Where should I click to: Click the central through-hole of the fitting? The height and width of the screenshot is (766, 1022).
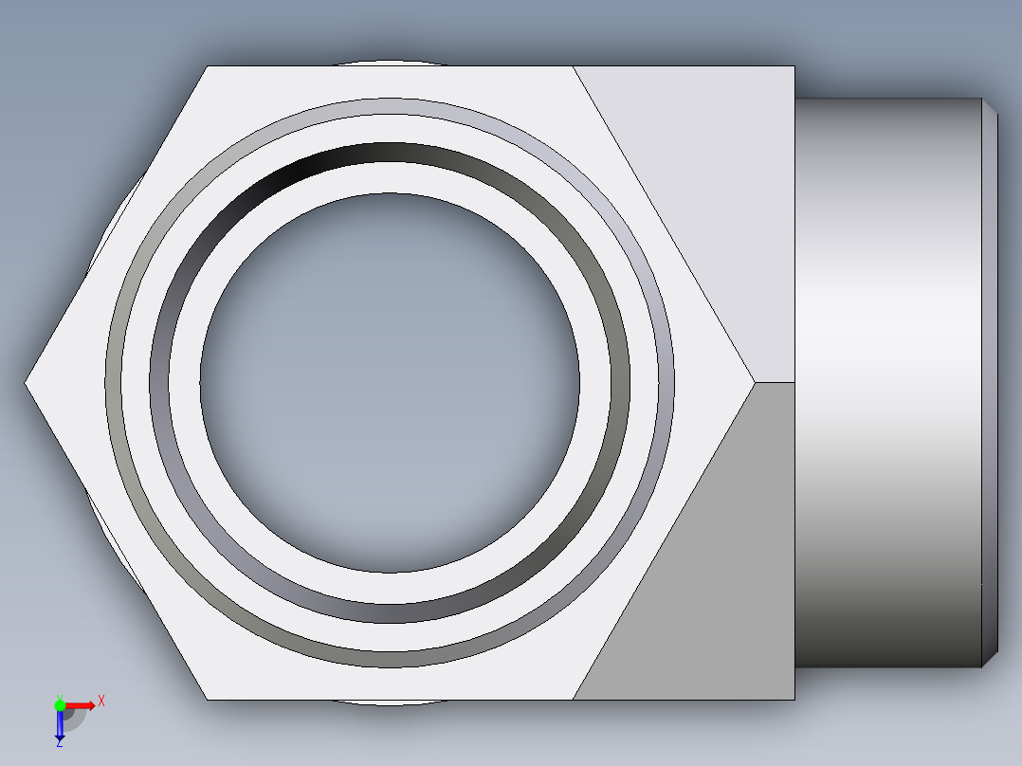point(390,382)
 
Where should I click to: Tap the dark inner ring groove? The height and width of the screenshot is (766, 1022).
point(390,611)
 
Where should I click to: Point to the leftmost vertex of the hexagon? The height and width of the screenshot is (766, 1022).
point(26,382)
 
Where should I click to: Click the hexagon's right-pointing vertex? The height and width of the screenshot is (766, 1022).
point(754,382)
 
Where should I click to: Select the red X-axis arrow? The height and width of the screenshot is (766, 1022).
point(82,704)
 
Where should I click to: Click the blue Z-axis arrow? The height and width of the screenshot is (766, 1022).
point(60,726)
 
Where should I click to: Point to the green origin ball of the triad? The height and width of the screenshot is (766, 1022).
point(60,704)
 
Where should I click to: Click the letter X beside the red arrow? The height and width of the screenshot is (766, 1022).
point(101,702)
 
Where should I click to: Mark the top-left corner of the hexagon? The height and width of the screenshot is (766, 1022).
point(208,66)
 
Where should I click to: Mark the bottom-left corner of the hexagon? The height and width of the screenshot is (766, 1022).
point(208,699)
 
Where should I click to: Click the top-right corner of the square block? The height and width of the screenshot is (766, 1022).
point(794,66)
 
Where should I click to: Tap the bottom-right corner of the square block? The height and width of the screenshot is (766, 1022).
point(794,699)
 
